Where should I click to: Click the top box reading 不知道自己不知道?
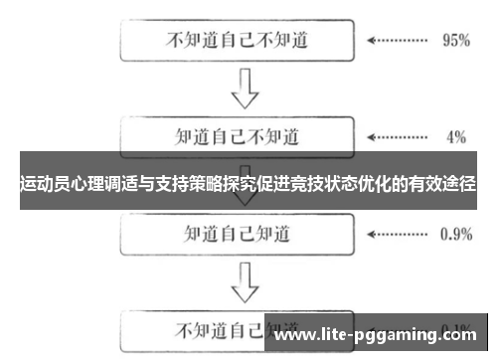(238, 41)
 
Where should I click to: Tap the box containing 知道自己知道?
(238, 235)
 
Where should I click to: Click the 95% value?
(454, 42)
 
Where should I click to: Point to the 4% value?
(456, 135)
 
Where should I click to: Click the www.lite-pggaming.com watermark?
(379, 337)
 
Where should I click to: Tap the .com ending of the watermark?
(466, 337)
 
